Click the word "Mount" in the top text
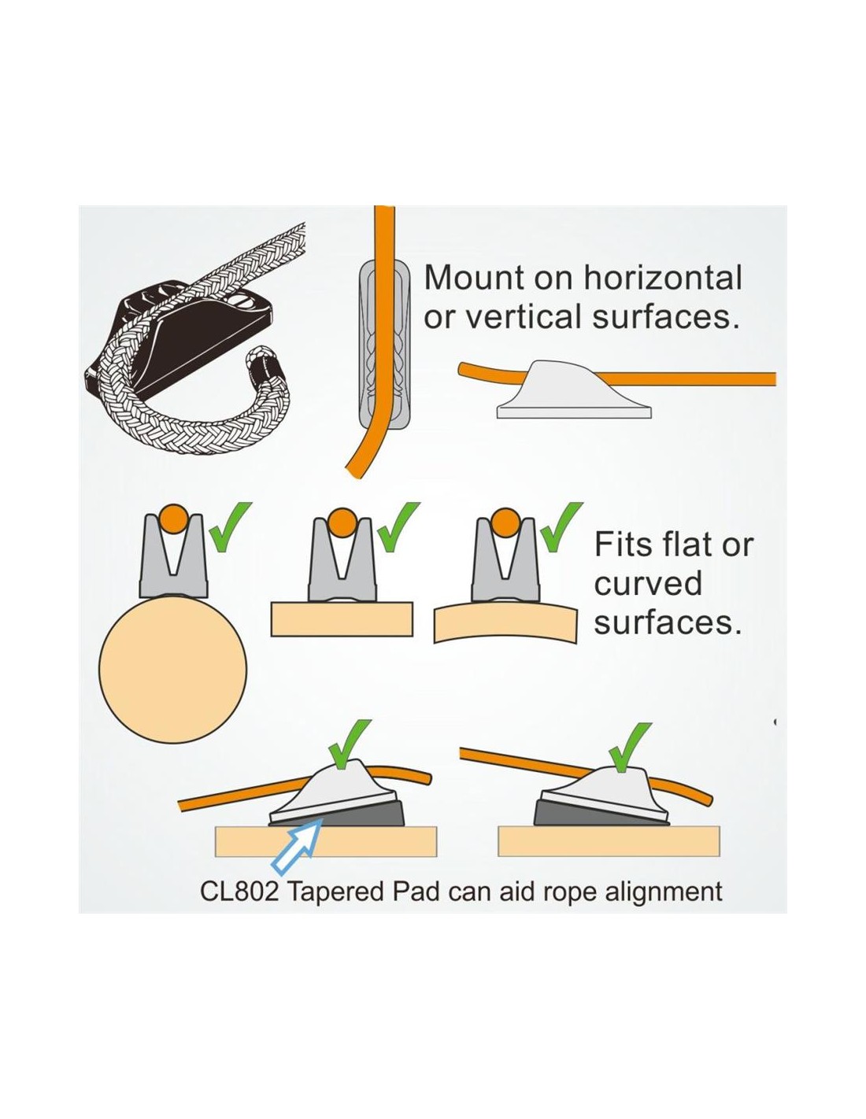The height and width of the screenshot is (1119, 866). pos(473,278)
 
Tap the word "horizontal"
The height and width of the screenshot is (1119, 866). pos(663,278)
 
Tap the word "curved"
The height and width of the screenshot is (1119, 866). pos(648,583)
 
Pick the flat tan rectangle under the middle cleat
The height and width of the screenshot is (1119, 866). pos(342,619)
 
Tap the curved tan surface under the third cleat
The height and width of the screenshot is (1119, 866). pos(505,623)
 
